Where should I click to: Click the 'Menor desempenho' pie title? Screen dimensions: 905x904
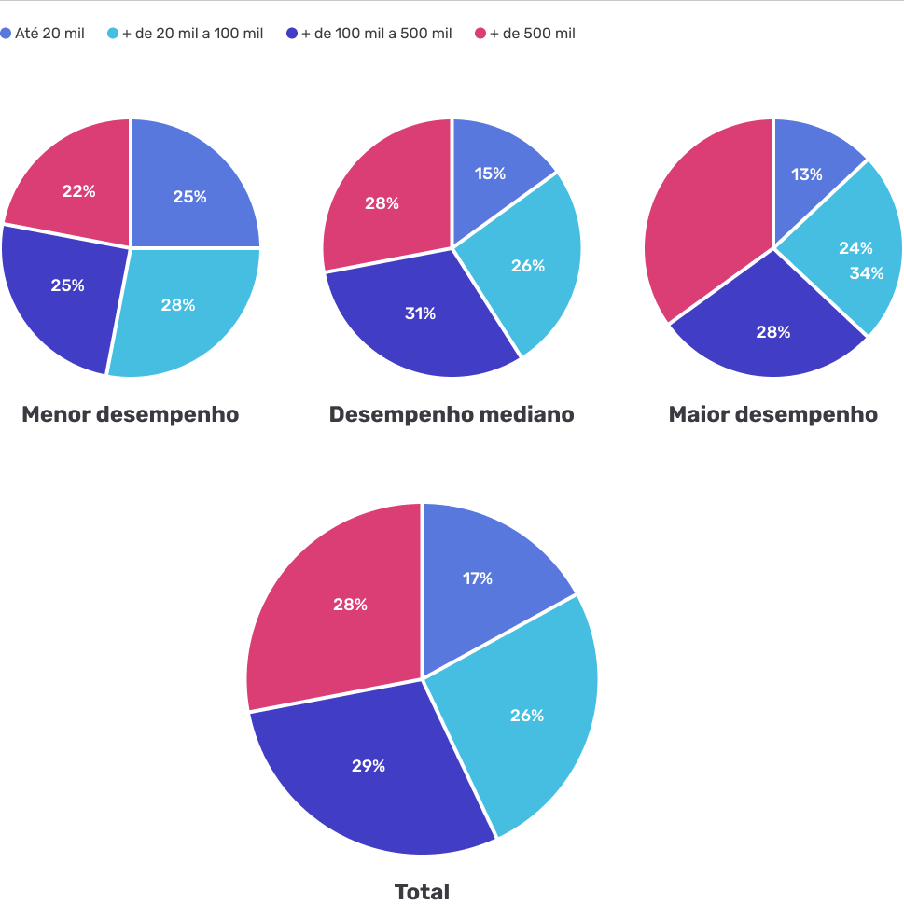tap(131, 414)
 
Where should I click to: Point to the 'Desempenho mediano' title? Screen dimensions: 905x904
tap(452, 414)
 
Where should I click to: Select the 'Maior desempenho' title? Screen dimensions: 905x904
tap(772, 414)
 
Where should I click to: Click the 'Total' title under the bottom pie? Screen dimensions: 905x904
tap(422, 891)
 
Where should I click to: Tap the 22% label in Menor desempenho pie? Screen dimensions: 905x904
tap(78, 191)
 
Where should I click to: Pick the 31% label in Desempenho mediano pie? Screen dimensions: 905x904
tap(420, 313)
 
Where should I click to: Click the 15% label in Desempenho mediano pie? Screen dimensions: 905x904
tap(490, 174)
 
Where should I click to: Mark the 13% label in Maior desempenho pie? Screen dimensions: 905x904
tap(807, 174)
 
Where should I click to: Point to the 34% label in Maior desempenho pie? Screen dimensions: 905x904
tap(866, 273)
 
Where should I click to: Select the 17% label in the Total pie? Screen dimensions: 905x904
tap(478, 578)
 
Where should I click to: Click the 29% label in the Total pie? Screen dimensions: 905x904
tap(368, 766)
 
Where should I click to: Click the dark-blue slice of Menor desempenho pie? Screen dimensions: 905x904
tap(56, 308)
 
